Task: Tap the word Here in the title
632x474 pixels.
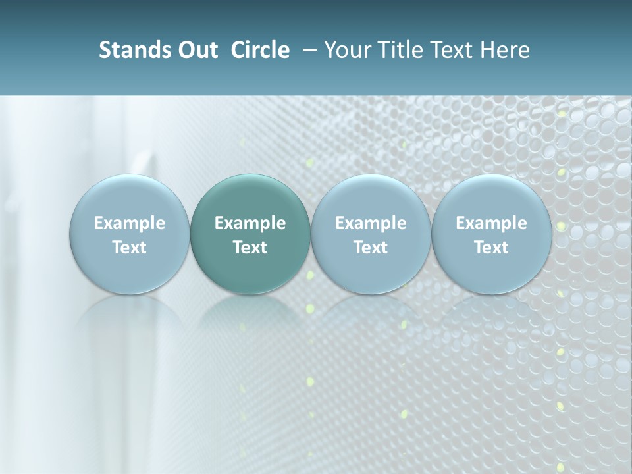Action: pos(504,50)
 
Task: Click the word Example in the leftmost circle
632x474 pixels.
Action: pos(130,223)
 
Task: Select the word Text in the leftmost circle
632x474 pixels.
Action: pos(130,248)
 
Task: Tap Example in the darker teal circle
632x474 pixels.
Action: pos(250,223)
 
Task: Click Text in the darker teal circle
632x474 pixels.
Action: pos(250,248)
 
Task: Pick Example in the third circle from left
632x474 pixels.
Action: pos(371,223)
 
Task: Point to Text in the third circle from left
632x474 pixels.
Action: pos(371,248)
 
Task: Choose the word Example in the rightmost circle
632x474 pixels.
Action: pos(491,223)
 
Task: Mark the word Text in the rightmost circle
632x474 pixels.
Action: pos(491,248)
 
